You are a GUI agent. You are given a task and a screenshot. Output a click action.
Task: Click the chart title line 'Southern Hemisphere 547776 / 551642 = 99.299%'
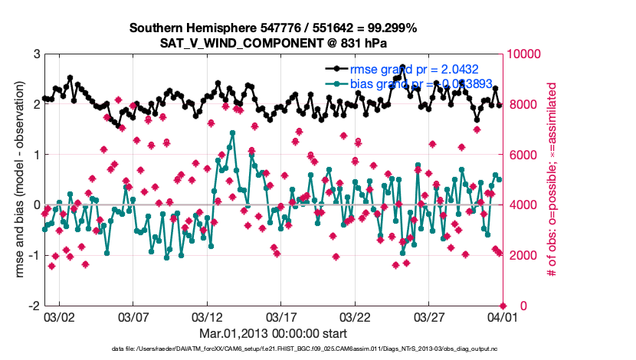pyautogui.click(x=273, y=28)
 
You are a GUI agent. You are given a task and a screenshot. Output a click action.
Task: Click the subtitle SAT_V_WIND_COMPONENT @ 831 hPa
pyautogui.click(x=273, y=42)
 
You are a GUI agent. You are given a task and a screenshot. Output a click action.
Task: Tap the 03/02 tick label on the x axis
pyautogui.click(x=59, y=317)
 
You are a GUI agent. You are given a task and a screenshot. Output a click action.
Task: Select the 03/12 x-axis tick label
pyautogui.click(x=207, y=317)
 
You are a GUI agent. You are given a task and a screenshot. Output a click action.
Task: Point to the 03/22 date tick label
pyautogui.click(x=355, y=317)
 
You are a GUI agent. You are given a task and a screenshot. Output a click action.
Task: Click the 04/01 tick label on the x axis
pyautogui.click(x=502, y=317)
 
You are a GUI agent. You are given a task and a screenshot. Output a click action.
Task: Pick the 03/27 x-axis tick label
pyautogui.click(x=428, y=317)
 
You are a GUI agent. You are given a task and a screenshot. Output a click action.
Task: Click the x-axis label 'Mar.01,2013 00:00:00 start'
pyautogui.click(x=273, y=333)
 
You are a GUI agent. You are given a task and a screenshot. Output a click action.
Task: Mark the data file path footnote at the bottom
pyautogui.click(x=305, y=349)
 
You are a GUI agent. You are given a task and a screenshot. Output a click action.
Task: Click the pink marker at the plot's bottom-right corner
pyautogui.click(x=503, y=306)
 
